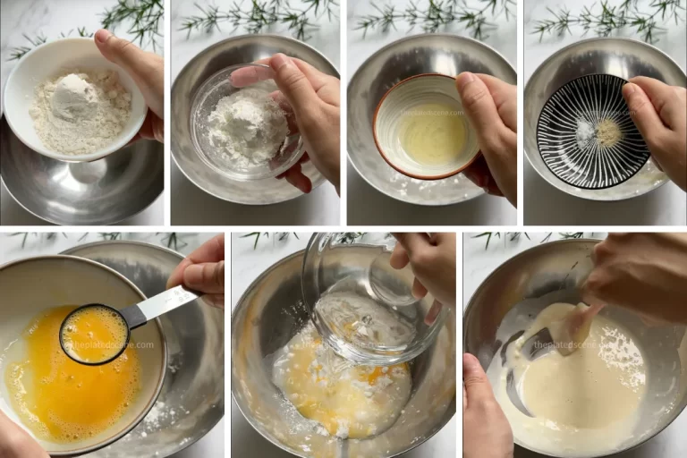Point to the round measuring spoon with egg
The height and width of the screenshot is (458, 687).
point(93,335)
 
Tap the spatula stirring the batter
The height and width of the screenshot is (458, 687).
point(572,331)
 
